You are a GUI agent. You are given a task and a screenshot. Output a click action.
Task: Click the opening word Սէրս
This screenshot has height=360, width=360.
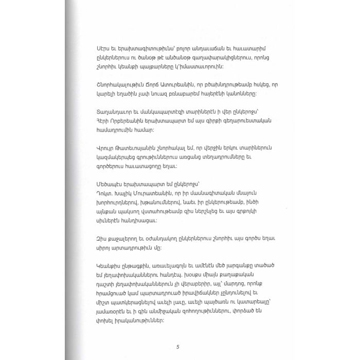(x=104, y=47)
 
